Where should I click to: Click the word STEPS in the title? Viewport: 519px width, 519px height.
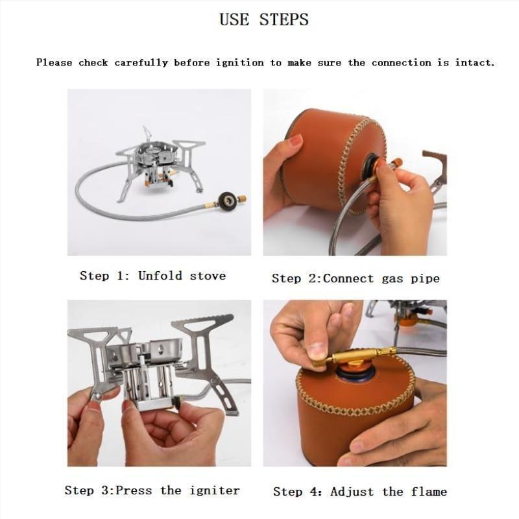click(x=284, y=19)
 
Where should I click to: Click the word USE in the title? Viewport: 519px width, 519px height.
click(x=234, y=19)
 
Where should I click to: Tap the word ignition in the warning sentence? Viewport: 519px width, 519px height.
click(x=240, y=62)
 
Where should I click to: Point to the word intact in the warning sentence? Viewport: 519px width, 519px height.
click(x=475, y=62)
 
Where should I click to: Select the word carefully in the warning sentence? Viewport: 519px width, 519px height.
click(x=141, y=63)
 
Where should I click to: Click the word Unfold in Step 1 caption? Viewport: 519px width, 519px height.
click(x=160, y=275)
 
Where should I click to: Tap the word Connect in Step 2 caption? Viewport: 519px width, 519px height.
click(x=348, y=278)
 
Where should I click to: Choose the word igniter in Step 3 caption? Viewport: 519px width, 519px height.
click(x=215, y=490)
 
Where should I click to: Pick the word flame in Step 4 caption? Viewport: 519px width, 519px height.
click(x=429, y=492)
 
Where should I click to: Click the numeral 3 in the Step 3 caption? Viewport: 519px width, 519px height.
click(x=105, y=490)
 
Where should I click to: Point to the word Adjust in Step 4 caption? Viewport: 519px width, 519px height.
click(x=352, y=492)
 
